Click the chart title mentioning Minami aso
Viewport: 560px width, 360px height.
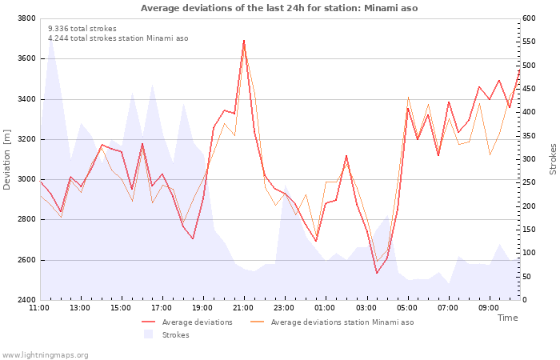[279, 8]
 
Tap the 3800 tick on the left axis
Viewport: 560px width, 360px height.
[26, 18]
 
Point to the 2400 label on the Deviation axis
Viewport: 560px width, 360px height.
[26, 300]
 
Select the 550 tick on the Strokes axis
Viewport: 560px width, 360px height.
[529, 42]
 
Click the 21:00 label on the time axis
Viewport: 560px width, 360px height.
[243, 308]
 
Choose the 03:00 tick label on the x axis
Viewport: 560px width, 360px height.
[366, 308]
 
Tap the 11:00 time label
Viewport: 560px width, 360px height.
[39, 308]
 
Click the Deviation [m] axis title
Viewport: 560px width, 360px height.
[6, 160]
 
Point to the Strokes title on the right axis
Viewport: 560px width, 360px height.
[553, 159]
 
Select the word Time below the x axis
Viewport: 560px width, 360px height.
[507, 318]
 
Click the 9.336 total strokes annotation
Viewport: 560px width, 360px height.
[82, 29]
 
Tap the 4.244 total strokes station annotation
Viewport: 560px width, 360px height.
[118, 38]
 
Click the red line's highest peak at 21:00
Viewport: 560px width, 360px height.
[244, 41]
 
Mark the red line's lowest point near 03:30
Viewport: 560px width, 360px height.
[377, 274]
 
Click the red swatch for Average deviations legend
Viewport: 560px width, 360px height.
[148, 322]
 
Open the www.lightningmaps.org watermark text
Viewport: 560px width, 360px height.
[45, 355]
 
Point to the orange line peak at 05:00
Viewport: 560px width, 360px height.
[408, 97]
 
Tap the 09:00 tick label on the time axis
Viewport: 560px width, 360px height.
[489, 308]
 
